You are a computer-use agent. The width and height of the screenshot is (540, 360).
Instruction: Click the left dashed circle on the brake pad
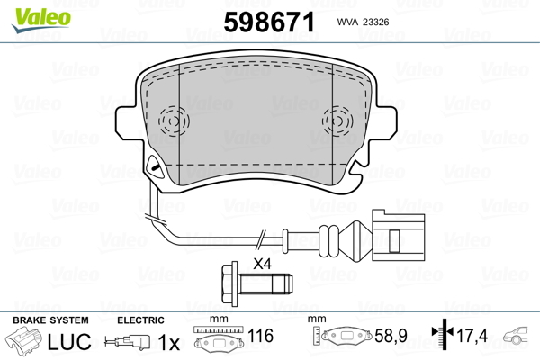click(x=170, y=120)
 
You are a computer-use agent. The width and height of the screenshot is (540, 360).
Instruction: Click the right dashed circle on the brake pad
click(x=338, y=120)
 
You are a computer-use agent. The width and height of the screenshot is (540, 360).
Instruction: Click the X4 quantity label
click(x=263, y=264)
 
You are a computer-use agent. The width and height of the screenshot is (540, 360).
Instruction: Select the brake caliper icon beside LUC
click(x=24, y=343)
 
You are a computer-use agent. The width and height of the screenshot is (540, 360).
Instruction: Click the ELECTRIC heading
click(x=140, y=320)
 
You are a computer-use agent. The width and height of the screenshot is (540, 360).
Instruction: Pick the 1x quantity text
click(x=168, y=343)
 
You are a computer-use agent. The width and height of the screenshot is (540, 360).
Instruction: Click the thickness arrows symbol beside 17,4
click(x=441, y=336)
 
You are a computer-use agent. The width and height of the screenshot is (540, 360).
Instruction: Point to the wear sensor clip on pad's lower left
click(x=155, y=168)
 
